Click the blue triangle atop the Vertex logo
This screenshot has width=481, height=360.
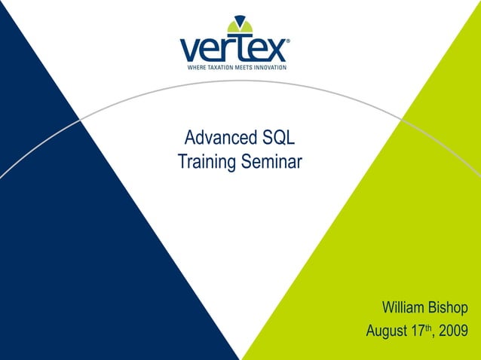coord(240,20)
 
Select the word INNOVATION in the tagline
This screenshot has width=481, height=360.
coord(271,67)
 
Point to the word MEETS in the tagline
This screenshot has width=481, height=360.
coord(246,67)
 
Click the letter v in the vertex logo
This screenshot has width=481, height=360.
coord(191,50)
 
